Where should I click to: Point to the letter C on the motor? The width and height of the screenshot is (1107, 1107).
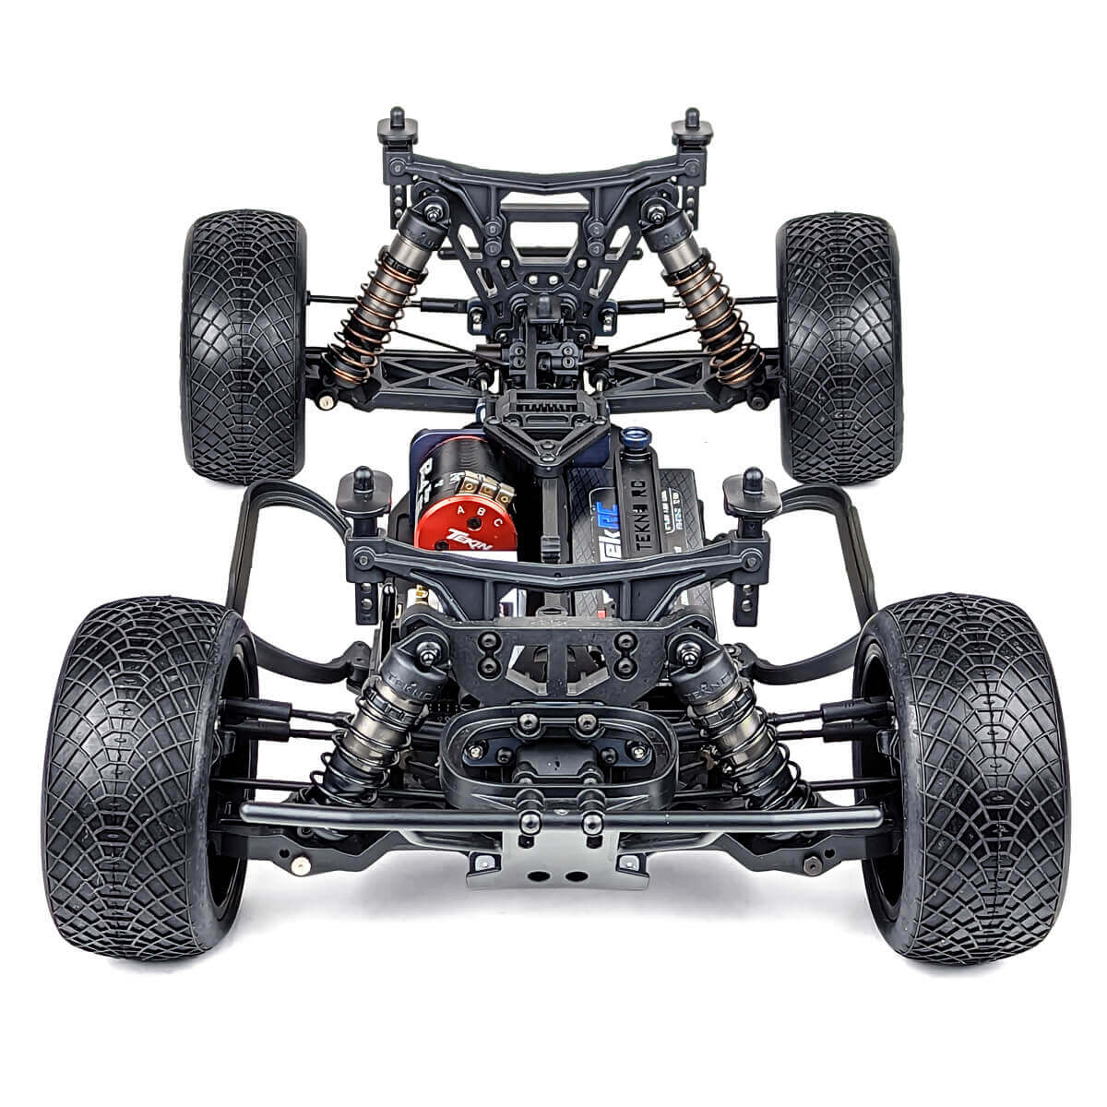click(x=497, y=522)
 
